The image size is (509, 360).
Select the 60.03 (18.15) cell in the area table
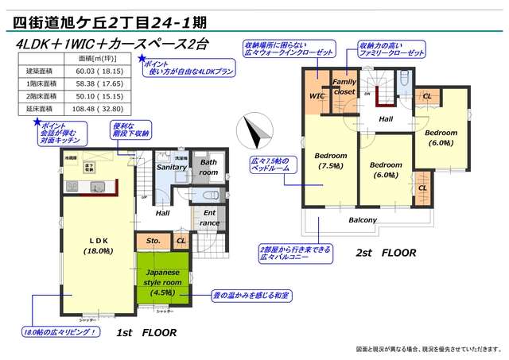[x=98, y=71]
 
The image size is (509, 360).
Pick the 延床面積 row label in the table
[x=40, y=108]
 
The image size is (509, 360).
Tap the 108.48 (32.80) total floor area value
[x=98, y=108]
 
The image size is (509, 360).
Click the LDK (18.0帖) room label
[x=98, y=245]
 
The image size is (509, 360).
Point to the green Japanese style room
[x=162, y=278]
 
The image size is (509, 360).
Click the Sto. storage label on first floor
[x=153, y=240]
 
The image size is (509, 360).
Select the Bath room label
[x=208, y=167]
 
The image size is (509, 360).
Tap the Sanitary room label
[x=171, y=168]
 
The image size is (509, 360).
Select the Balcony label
[x=363, y=220]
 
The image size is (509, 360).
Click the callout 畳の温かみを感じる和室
[x=249, y=296]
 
